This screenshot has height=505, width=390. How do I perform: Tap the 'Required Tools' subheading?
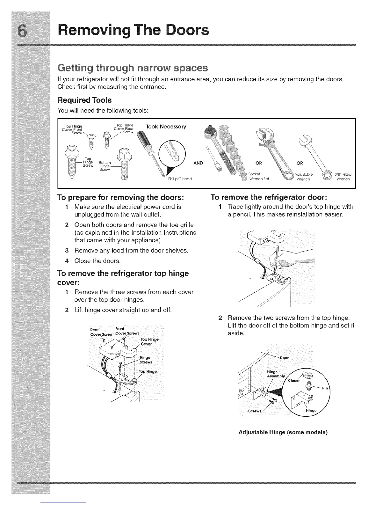84,100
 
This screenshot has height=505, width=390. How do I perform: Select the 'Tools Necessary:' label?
167,127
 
